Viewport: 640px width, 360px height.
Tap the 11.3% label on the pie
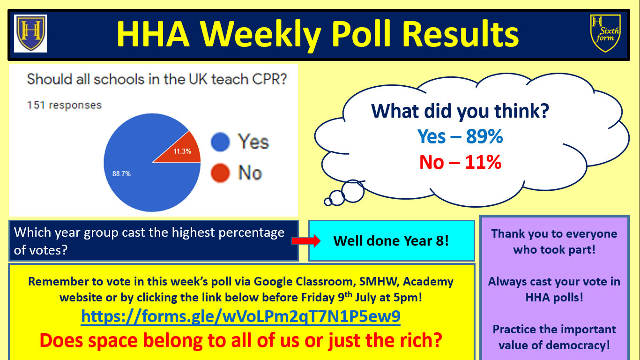click(182, 151)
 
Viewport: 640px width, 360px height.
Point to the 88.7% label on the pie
click(121, 174)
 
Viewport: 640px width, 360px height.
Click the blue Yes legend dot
click(220, 142)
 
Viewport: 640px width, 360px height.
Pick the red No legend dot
click(220, 172)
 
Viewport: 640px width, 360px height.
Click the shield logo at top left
click(30, 33)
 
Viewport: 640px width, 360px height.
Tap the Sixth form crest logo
click(605, 33)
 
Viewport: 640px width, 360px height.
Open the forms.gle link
click(240, 316)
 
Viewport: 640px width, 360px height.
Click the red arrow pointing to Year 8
click(306, 241)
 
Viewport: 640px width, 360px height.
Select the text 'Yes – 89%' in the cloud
click(460, 136)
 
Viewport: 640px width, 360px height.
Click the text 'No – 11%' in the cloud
click(460, 162)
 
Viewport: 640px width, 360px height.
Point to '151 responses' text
click(64, 105)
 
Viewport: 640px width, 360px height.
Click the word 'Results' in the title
click(461, 34)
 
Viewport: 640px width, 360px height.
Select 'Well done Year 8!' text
click(391, 241)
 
